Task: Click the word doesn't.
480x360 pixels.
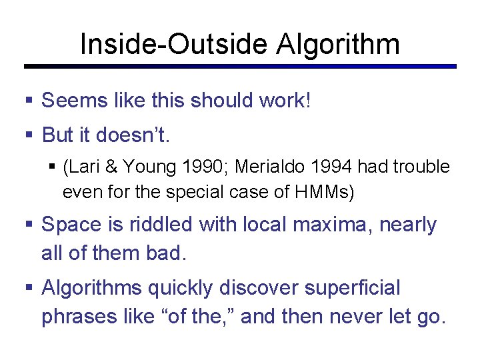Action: [134, 135]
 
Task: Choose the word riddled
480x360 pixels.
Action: [165, 225]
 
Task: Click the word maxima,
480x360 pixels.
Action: [332, 225]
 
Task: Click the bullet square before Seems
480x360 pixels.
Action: [29, 101]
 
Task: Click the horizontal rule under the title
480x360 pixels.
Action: [240, 66]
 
